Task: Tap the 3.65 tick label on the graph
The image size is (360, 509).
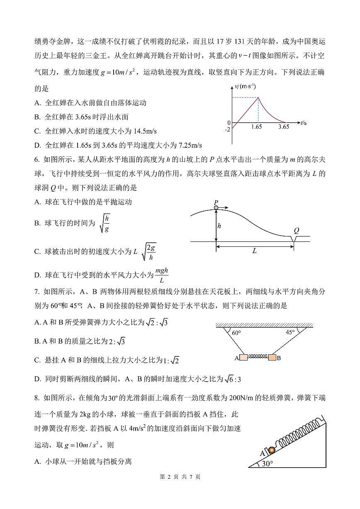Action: click(x=284, y=127)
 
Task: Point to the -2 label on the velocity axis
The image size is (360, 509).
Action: click(x=227, y=129)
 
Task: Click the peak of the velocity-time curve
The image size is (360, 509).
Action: click(x=258, y=97)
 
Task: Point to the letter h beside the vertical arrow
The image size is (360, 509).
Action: click(x=219, y=226)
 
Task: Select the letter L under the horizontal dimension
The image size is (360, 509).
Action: click(x=254, y=251)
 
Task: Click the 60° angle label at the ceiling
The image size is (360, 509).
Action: click(x=236, y=333)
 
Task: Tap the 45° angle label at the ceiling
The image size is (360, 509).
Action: click(x=289, y=332)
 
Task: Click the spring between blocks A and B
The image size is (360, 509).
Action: click(x=258, y=357)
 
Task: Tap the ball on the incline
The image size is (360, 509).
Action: click(x=271, y=450)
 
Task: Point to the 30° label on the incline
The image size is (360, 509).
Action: click(x=268, y=463)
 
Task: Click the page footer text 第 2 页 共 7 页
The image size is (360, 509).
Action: click(x=180, y=477)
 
